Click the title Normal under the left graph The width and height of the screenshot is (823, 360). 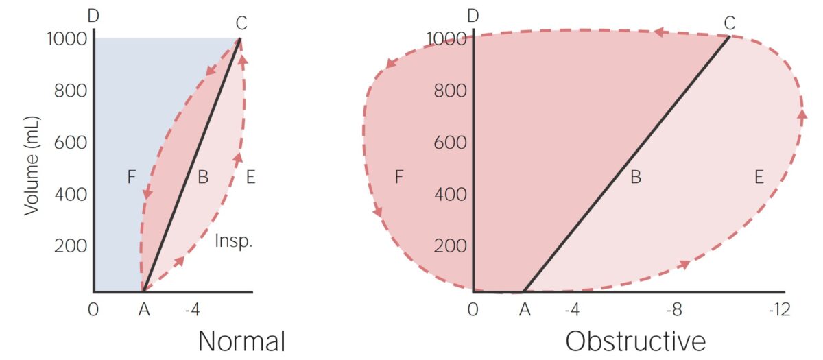pyautogui.click(x=241, y=341)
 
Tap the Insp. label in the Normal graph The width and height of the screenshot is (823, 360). pyautogui.click(x=235, y=241)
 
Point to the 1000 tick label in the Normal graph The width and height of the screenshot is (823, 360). pyautogui.click(x=67, y=39)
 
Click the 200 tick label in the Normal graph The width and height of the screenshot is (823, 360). pyautogui.click(x=71, y=246)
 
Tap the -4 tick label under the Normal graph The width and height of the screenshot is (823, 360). pyautogui.click(x=192, y=310)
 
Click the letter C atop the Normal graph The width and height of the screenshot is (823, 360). pyautogui.click(x=241, y=23)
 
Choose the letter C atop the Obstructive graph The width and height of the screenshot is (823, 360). pyautogui.click(x=729, y=23)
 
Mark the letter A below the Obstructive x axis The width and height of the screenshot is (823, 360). pyautogui.click(x=525, y=310)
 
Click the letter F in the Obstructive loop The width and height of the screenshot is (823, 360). pyautogui.click(x=398, y=178)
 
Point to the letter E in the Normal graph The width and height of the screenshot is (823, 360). pyautogui.click(x=250, y=178)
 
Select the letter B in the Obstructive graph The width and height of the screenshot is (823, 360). pyautogui.click(x=635, y=178)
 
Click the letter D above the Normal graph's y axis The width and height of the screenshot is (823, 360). pyautogui.click(x=93, y=15)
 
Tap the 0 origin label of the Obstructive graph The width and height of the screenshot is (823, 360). pyautogui.click(x=473, y=310)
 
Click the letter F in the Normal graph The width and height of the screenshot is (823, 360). pyautogui.click(x=132, y=178)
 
